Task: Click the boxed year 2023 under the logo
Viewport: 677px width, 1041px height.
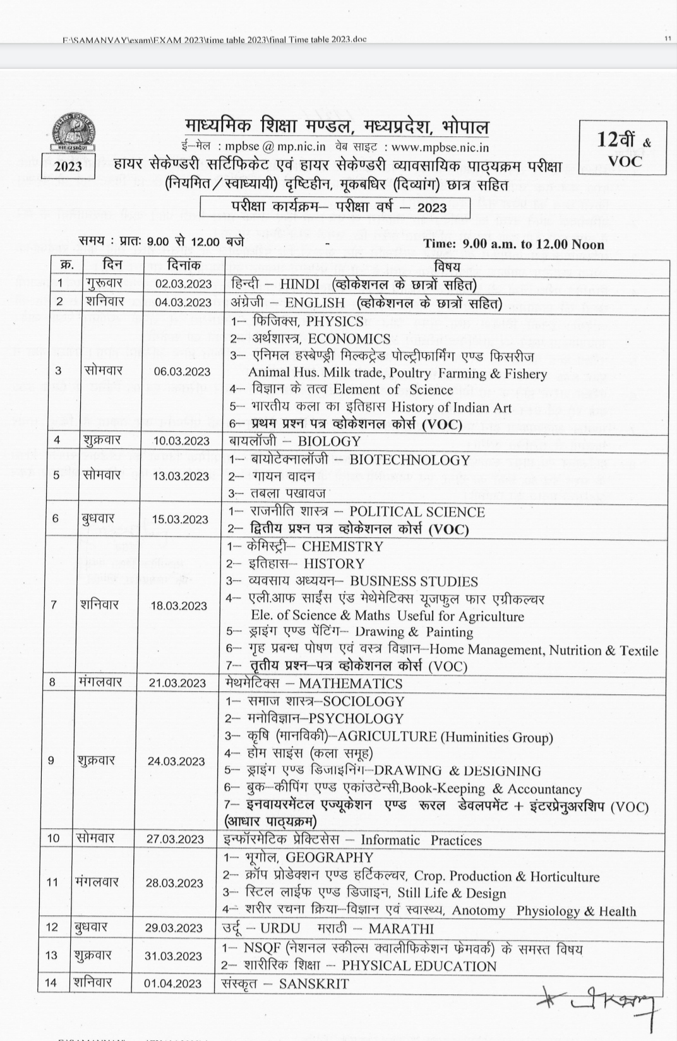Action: click(68, 166)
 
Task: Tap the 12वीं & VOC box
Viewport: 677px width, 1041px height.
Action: click(623, 149)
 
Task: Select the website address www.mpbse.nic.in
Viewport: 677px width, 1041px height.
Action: click(440, 147)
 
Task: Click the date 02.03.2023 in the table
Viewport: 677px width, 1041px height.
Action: click(183, 284)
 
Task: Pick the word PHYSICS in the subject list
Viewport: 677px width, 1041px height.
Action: click(335, 321)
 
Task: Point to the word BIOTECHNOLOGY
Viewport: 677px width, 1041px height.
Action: click(409, 460)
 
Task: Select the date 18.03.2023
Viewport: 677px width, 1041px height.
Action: click(179, 605)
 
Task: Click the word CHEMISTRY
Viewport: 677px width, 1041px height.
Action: click(342, 546)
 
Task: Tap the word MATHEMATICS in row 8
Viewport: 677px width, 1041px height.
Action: click(350, 683)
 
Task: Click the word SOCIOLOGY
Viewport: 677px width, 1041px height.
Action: click(363, 701)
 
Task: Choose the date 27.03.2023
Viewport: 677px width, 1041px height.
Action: click(175, 839)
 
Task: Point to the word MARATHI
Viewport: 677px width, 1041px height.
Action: click(401, 929)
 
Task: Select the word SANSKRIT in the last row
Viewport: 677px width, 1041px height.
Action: click(313, 984)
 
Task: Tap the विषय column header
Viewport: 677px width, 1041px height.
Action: click(447, 266)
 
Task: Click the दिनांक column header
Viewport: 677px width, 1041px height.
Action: click(183, 266)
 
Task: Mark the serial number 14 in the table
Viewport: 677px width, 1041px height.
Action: click(51, 983)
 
